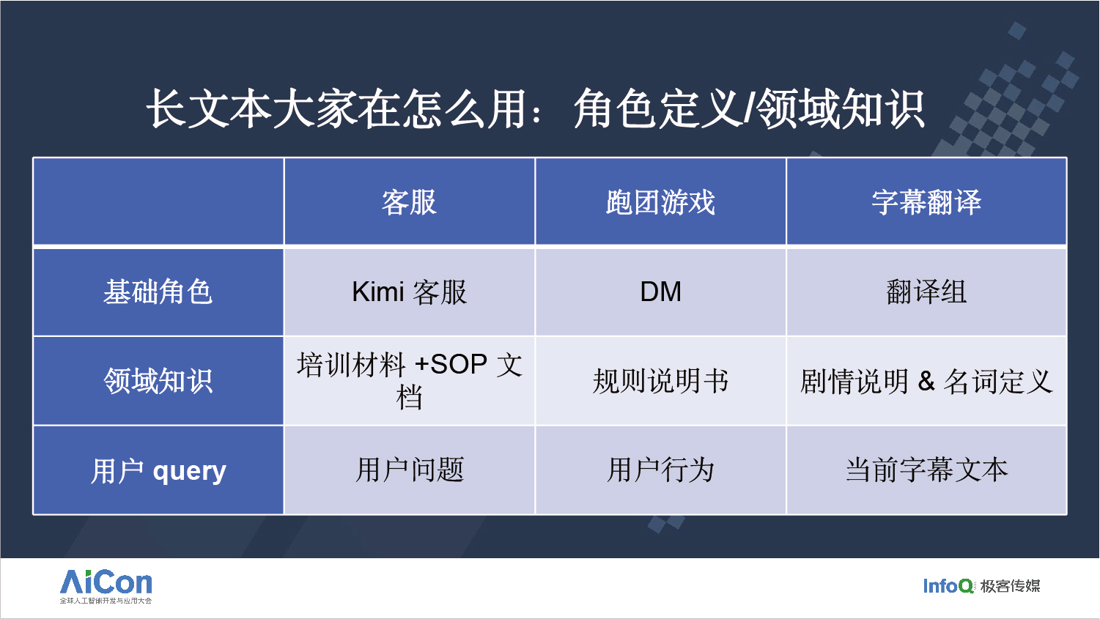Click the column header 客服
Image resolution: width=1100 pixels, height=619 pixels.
pyautogui.click(x=409, y=201)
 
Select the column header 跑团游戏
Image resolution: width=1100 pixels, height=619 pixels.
pyautogui.click(x=660, y=201)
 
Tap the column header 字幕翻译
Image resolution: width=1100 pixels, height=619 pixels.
pyautogui.click(x=926, y=201)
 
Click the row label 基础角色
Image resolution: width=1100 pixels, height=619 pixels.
pyautogui.click(x=158, y=292)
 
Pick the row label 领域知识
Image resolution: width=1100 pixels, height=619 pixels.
pyautogui.click(x=158, y=381)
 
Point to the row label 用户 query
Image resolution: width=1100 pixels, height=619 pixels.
pyautogui.click(x=158, y=471)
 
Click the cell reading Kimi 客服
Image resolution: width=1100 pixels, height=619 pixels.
pyautogui.click(x=409, y=292)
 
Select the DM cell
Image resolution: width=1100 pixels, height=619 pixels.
pyautogui.click(x=660, y=292)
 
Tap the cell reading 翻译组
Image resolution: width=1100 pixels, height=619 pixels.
pyautogui.click(x=926, y=292)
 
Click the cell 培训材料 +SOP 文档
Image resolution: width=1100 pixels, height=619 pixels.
pyautogui.click(x=409, y=381)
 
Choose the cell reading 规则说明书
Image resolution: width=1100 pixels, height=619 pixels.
pyautogui.click(x=660, y=381)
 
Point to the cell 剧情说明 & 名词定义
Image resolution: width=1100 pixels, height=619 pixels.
pyautogui.click(x=926, y=382)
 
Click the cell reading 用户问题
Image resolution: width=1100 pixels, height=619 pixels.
pyautogui.click(x=409, y=470)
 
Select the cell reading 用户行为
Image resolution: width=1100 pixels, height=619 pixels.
pyautogui.click(x=660, y=470)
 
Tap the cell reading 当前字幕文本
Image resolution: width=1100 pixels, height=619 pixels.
pyautogui.click(x=926, y=470)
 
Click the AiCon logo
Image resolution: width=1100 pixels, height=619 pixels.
pyautogui.click(x=106, y=586)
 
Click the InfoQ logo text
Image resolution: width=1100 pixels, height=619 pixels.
pyautogui.click(x=948, y=585)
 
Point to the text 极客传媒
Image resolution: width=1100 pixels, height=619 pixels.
pyautogui.click(x=1010, y=585)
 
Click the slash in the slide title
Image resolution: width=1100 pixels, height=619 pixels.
pyautogui.click(x=749, y=109)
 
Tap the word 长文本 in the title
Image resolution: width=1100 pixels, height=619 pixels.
pyautogui.click(x=209, y=109)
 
